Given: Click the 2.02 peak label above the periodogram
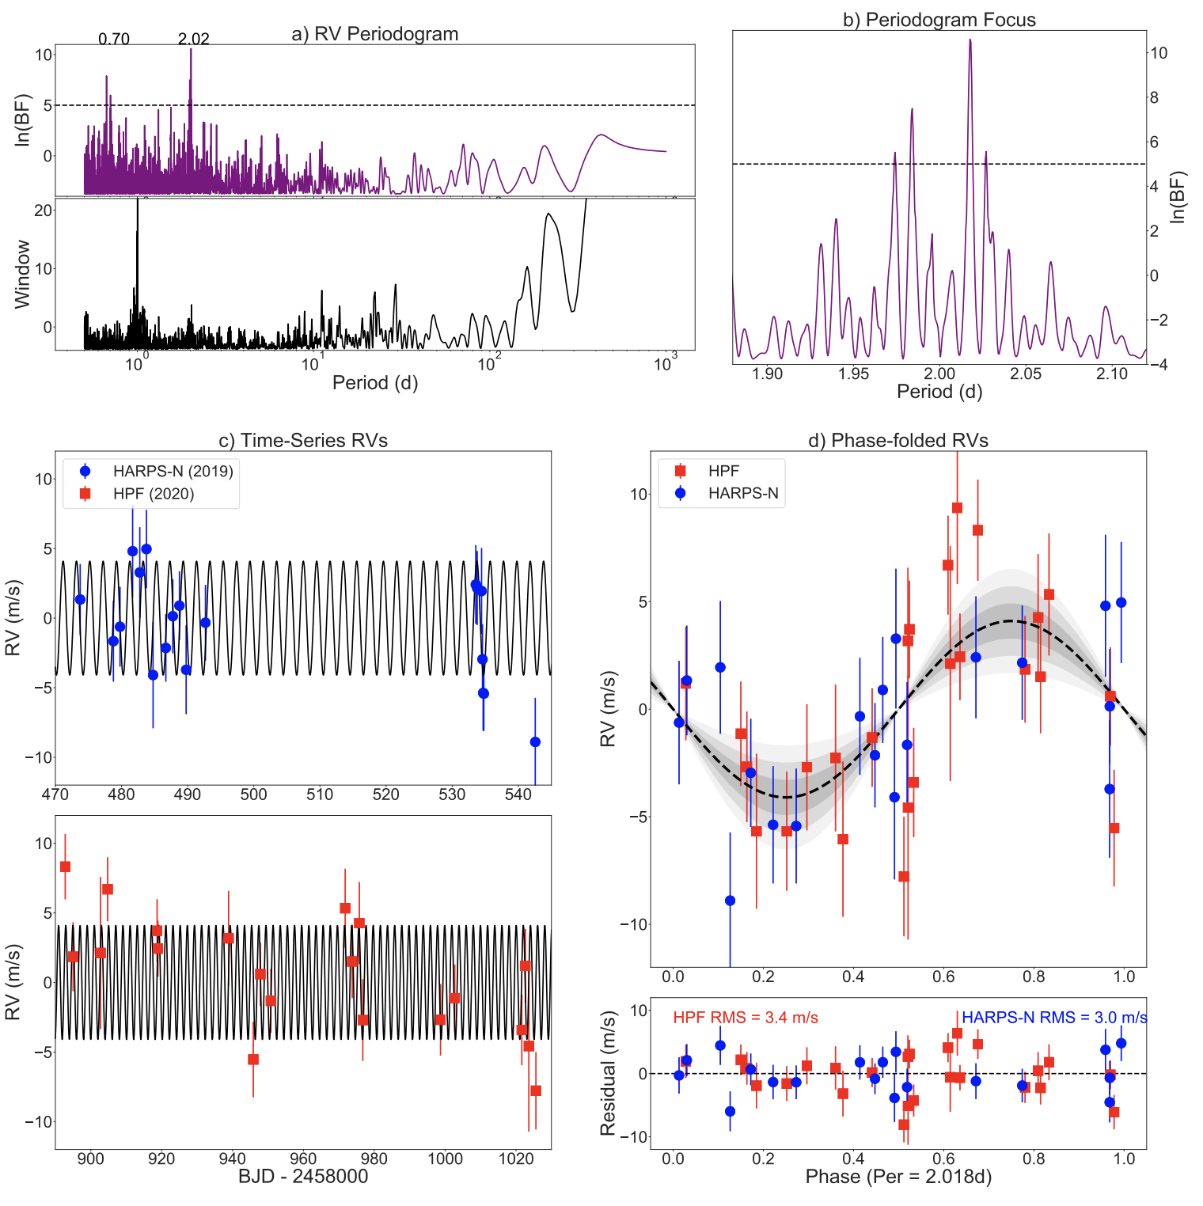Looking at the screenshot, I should click(x=193, y=39).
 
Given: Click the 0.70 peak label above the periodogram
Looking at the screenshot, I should click(x=114, y=39).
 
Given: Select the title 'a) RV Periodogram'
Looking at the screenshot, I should click(x=375, y=34).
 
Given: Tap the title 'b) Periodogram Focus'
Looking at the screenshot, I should click(x=939, y=20).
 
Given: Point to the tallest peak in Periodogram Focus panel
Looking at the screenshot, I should click(x=970, y=40).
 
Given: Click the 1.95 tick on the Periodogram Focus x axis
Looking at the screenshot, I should click(x=853, y=374).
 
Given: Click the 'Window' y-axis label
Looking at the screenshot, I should click(x=22, y=274).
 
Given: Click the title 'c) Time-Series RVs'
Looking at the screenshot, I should click(x=303, y=441).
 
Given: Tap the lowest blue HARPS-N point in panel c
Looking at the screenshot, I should click(x=535, y=741).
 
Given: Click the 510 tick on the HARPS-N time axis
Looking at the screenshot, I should click(x=320, y=795).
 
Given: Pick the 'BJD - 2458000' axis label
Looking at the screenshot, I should click(x=303, y=1176).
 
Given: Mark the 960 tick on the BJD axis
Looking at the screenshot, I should click(x=303, y=1159).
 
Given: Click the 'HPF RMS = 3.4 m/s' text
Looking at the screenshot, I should click(x=746, y=1018).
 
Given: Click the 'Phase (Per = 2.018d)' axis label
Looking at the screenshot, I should click(x=898, y=1177).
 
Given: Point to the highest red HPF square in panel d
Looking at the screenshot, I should click(x=957, y=508).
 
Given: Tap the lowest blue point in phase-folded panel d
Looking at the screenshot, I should click(x=730, y=901).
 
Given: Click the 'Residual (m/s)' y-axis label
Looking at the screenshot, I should click(x=608, y=1073).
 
